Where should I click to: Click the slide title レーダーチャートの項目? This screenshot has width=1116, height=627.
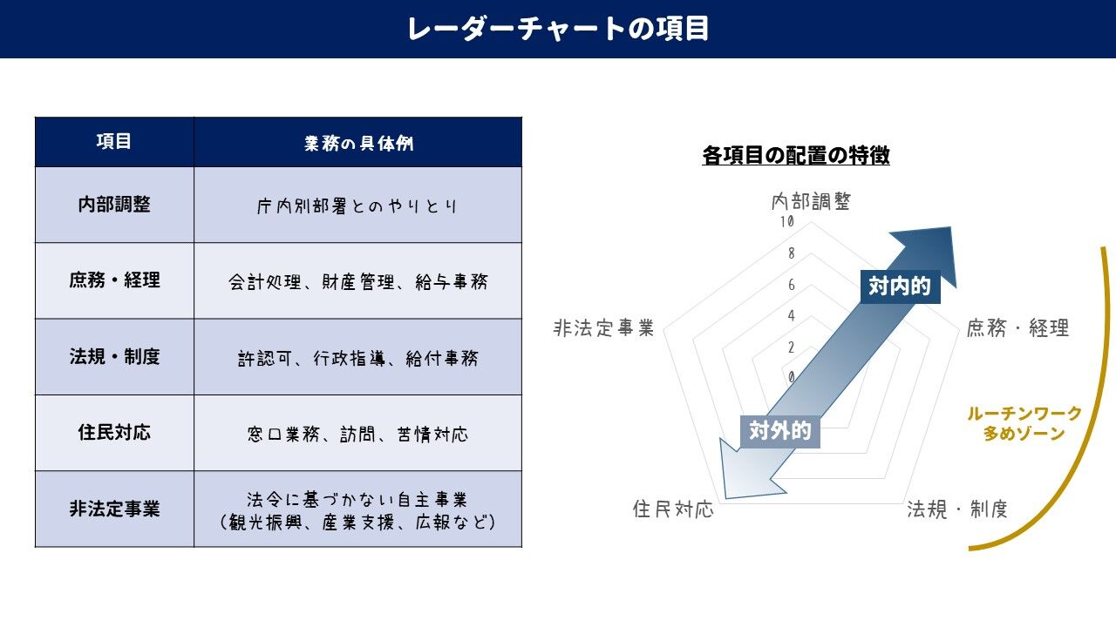[558, 29]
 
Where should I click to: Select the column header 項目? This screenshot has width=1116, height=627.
[114, 141]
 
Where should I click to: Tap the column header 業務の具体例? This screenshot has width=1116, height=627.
[358, 143]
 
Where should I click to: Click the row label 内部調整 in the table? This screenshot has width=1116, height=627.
[114, 205]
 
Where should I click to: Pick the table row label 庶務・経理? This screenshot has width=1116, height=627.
[114, 280]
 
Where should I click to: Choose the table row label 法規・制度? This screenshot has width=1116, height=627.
[114, 357]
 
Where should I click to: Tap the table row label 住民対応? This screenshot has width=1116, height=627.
[114, 433]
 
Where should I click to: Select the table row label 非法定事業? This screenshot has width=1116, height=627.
[114, 509]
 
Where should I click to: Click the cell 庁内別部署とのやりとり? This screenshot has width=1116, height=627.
[357, 206]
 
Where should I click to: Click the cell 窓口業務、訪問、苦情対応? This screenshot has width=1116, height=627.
[357, 434]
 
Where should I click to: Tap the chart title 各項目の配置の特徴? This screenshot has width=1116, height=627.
[795, 156]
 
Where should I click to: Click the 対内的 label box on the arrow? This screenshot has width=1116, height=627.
[900, 286]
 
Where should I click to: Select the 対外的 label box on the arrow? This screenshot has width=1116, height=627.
[780, 430]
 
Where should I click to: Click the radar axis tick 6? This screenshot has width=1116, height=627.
[791, 285]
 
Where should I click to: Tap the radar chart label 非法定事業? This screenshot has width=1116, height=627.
[603, 328]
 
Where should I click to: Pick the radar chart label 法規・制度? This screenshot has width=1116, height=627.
[957, 509]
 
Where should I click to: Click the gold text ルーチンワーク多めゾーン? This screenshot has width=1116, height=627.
[1024, 423]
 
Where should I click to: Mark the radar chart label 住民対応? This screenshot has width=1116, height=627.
[673, 509]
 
